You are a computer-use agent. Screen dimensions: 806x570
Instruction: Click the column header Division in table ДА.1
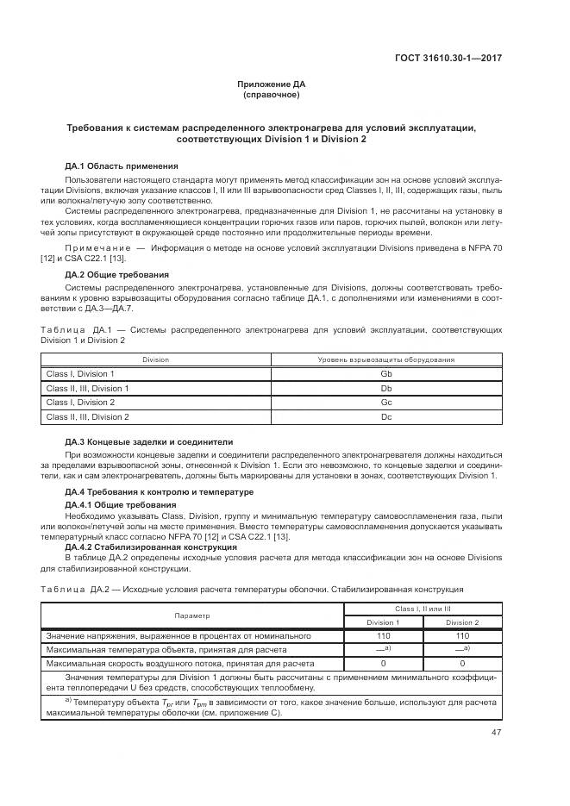156,359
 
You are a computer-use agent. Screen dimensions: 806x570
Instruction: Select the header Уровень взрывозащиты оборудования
385,359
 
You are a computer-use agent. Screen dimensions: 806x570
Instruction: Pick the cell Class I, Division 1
80,373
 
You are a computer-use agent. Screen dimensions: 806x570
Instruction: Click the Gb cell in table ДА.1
385,373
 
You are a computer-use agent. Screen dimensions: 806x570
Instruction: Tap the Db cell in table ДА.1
385,388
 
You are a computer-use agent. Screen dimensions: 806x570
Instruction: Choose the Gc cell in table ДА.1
385,403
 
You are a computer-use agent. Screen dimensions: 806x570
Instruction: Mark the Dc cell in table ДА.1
385,417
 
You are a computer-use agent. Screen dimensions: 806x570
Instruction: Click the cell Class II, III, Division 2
87,417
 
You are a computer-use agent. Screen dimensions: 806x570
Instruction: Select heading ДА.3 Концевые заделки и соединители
149,440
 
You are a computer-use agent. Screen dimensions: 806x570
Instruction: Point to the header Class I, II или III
423,609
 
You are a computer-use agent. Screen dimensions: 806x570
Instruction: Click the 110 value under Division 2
462,635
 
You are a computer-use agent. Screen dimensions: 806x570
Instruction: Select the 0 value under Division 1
383,664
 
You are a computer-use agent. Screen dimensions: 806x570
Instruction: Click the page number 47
496,732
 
